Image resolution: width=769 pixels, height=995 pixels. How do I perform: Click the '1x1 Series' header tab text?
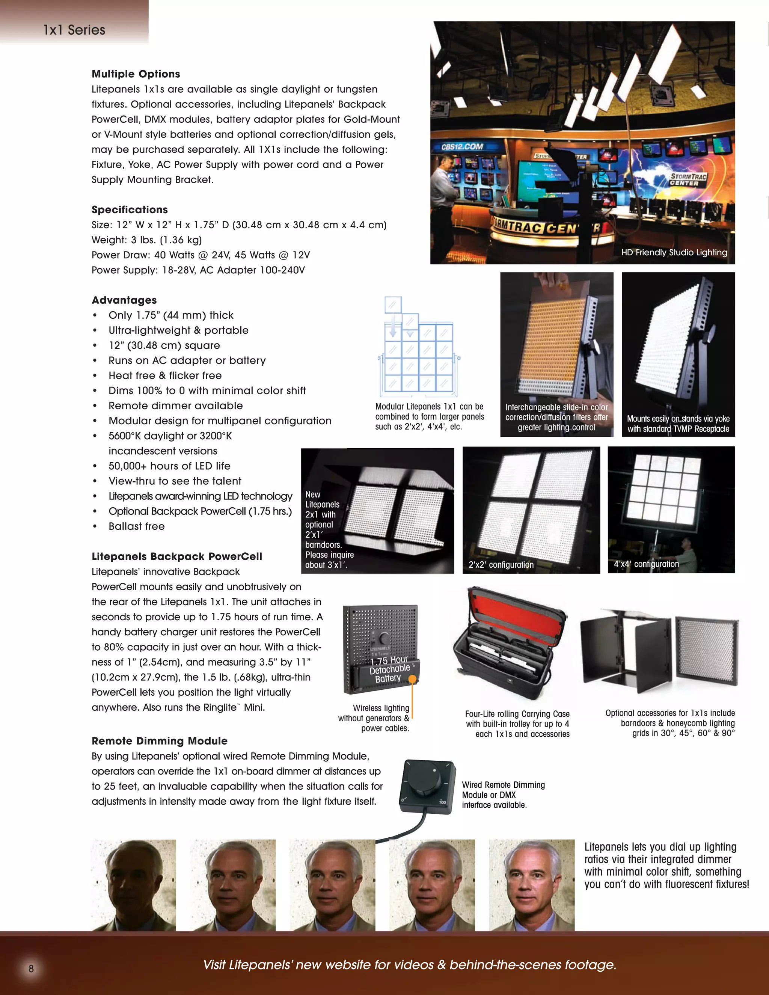coord(74,30)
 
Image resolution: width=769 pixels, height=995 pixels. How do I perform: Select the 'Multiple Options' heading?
coord(136,74)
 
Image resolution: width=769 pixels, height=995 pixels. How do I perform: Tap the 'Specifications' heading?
coord(130,210)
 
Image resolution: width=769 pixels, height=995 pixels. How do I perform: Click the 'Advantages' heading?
coord(124,300)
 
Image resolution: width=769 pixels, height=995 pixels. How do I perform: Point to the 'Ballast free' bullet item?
coord(136,526)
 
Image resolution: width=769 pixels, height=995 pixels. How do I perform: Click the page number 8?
coord(31,969)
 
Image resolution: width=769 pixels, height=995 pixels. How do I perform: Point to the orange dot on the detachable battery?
coord(412,679)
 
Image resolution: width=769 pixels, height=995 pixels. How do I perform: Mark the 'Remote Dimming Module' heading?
coord(160,741)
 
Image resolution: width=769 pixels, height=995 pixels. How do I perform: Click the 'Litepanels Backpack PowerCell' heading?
coord(177,556)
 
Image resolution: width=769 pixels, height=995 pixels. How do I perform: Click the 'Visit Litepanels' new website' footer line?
coord(410,965)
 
